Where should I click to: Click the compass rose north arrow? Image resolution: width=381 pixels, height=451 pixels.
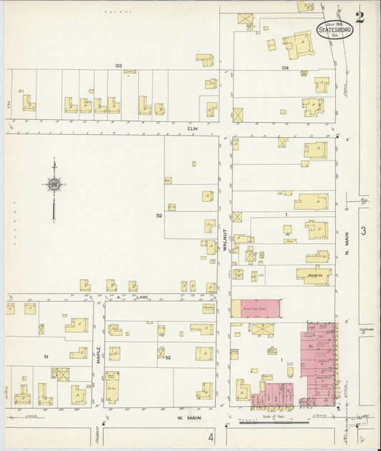click(54, 187)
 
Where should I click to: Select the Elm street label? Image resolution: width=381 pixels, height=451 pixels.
click(192, 128)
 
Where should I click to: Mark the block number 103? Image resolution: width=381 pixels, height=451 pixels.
click(119, 66)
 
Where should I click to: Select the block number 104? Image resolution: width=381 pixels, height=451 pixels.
click(284, 69)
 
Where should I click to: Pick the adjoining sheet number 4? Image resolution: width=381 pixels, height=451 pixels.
click(211, 435)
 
